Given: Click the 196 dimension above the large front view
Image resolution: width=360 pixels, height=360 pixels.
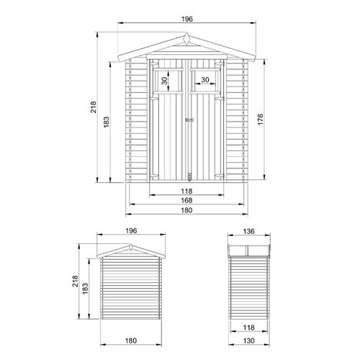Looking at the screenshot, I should pos(186,19).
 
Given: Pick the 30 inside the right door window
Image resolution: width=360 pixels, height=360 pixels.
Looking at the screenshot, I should pos(205,79).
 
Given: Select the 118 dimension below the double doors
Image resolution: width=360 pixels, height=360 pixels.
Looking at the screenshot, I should pos(186,191).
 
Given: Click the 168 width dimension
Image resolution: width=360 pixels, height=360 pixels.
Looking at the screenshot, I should pos(186,201).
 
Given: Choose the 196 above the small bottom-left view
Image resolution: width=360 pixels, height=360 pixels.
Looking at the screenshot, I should pos(130,232).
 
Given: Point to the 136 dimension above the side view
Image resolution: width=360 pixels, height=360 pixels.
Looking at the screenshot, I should pos(249,232).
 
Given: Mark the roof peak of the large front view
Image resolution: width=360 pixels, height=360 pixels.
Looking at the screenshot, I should pos(186,32).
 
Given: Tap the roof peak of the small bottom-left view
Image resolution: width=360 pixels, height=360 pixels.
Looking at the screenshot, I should pos(130,245).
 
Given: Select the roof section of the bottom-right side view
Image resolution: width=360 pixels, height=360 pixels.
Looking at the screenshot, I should pos(249,249).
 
